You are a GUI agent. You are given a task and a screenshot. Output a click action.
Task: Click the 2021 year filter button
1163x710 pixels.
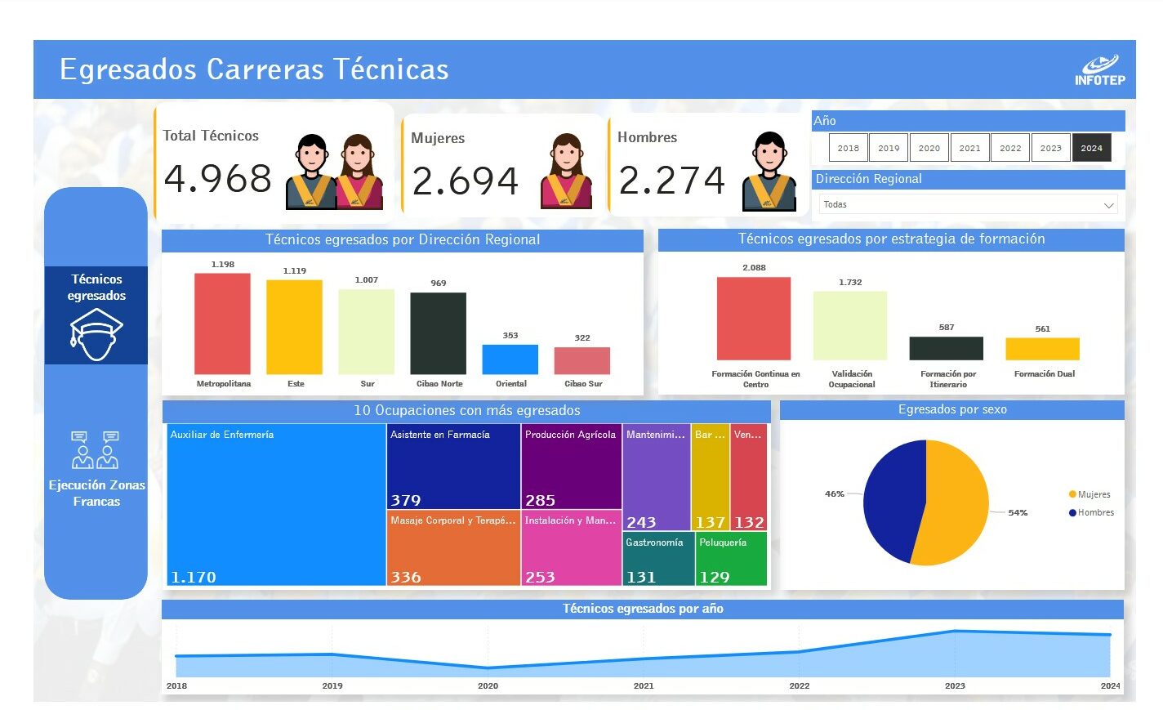(x=969, y=148)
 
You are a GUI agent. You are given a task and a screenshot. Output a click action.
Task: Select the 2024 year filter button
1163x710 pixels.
(x=1091, y=148)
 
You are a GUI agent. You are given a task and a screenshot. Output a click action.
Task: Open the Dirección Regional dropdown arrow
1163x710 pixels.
(x=1108, y=205)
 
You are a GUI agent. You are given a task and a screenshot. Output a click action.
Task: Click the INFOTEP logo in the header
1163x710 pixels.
(x=1099, y=70)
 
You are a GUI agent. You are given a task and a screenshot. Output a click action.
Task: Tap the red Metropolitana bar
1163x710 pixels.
(x=222, y=324)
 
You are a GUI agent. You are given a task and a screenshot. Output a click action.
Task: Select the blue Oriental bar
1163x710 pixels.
(x=510, y=359)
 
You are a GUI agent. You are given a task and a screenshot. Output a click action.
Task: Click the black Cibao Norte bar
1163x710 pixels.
(x=438, y=333)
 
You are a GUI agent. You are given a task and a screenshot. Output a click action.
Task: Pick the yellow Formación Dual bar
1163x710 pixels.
(x=1042, y=349)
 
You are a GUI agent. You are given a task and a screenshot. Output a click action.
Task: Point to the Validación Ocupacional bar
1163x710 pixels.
(x=849, y=325)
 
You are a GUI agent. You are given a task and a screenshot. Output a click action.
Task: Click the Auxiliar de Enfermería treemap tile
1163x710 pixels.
(x=276, y=504)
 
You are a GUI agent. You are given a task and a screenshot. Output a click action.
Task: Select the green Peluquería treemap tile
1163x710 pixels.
(x=731, y=559)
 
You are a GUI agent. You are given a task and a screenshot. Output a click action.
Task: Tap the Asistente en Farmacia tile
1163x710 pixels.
(x=453, y=466)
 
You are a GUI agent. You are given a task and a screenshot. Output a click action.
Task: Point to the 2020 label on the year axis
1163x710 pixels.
(x=488, y=686)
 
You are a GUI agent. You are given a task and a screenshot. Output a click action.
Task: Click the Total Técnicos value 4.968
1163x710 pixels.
(x=217, y=179)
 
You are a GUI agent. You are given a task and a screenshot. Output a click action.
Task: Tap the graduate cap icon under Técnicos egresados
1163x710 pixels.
(x=96, y=335)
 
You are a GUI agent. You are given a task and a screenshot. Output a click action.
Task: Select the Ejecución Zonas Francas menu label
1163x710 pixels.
(x=96, y=493)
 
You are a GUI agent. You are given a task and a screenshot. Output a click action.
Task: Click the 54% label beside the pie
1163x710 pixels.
(x=1018, y=513)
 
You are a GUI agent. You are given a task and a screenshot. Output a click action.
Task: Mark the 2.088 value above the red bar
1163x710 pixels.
(x=754, y=268)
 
